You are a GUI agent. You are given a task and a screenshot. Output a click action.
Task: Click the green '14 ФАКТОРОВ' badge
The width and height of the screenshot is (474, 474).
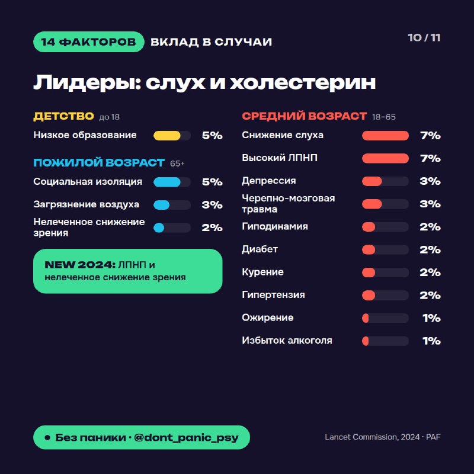[x=88, y=41]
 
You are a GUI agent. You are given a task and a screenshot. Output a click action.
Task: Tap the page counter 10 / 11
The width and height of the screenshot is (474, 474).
[x=424, y=37]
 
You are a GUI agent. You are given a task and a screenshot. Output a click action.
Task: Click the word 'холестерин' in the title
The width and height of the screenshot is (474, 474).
[x=303, y=82]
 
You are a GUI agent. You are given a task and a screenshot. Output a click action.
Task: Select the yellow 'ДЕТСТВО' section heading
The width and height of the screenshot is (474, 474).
[x=63, y=116]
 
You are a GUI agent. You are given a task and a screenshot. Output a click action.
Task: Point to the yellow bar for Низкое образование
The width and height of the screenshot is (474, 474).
[x=167, y=136]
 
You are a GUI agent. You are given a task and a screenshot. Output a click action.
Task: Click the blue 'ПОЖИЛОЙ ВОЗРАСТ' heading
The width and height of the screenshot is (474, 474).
[x=99, y=162]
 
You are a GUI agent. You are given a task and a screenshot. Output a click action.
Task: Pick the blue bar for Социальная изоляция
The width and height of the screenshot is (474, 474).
[x=167, y=182]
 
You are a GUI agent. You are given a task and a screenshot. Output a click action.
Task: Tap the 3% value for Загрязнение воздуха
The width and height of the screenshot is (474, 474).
[x=212, y=204]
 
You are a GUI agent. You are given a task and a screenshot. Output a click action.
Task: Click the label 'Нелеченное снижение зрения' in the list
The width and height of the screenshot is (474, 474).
[x=89, y=228]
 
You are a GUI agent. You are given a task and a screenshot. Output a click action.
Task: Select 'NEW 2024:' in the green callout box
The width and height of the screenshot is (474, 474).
[x=80, y=265]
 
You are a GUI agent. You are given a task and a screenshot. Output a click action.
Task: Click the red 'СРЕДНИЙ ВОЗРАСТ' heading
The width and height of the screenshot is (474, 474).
[x=304, y=116]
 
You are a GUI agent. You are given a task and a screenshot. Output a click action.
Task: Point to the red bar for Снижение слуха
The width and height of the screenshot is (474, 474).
[x=386, y=136]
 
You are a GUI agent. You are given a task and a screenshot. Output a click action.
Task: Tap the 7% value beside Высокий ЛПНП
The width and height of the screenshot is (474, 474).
[x=430, y=158]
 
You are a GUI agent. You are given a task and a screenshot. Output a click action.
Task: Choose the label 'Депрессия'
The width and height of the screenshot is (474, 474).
[x=269, y=181]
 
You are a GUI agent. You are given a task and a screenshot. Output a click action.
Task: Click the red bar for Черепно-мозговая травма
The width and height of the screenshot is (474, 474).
[x=372, y=204]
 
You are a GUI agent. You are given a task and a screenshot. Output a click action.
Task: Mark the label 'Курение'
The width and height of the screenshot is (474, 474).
[x=262, y=272]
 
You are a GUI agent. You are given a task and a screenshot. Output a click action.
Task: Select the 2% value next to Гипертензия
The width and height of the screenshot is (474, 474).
[x=430, y=295]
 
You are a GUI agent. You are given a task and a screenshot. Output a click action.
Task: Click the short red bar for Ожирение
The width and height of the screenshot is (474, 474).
[x=366, y=318]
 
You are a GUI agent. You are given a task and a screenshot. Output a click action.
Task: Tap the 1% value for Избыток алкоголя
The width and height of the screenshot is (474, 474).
[x=431, y=341]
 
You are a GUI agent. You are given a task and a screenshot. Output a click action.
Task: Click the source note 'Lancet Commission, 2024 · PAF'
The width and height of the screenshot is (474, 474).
[x=382, y=437]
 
